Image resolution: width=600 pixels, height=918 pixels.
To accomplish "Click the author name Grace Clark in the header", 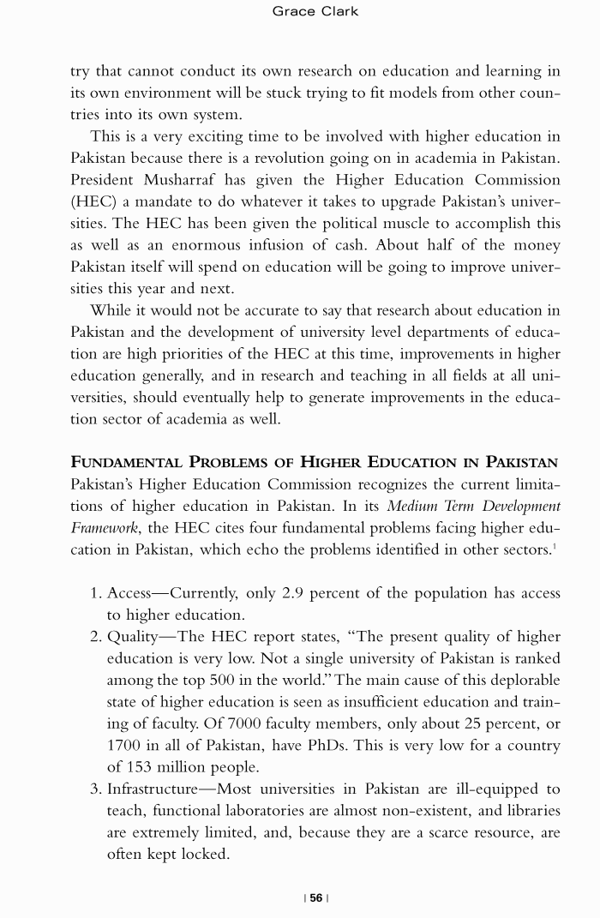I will click(315, 11).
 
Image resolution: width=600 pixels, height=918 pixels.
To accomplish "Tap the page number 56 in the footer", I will click(316, 897).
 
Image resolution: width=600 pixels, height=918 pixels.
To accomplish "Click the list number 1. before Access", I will click(96, 593).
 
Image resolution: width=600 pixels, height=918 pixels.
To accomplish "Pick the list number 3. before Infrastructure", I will click(96, 789).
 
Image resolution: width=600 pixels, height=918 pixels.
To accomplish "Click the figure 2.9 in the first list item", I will click(295, 593).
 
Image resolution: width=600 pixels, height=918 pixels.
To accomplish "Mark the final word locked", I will click(208, 855).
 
